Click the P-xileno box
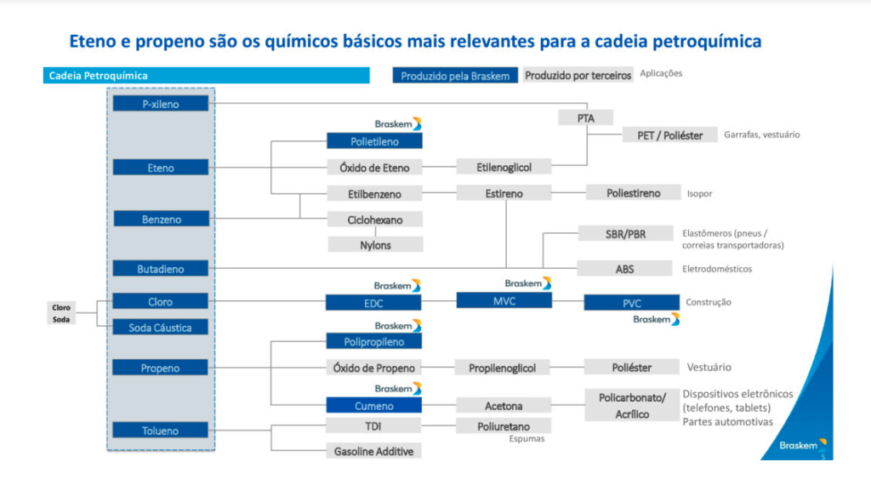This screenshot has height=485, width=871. (161, 103)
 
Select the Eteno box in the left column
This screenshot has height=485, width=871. (161, 168)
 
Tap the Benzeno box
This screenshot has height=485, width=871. (161, 219)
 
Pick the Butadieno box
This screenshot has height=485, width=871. (161, 268)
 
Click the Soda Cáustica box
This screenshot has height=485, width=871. (160, 328)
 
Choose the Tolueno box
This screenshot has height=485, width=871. (160, 430)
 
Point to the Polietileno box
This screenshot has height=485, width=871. (374, 141)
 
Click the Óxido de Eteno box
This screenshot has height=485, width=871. (374, 168)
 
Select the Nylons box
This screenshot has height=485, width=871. (375, 244)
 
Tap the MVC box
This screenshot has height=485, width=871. (504, 300)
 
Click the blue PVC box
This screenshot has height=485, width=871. (632, 303)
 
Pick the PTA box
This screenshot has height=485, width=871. (585, 117)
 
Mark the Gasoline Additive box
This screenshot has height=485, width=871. (373, 451)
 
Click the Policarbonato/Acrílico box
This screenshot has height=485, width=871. (632, 405)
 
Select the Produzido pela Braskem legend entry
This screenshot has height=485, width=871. (455, 76)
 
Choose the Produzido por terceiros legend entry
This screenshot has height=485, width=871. (578, 75)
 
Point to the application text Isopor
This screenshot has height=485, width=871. (699, 193)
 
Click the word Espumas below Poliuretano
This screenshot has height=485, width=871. (527, 439)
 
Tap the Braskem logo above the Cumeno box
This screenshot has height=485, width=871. (398, 388)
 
